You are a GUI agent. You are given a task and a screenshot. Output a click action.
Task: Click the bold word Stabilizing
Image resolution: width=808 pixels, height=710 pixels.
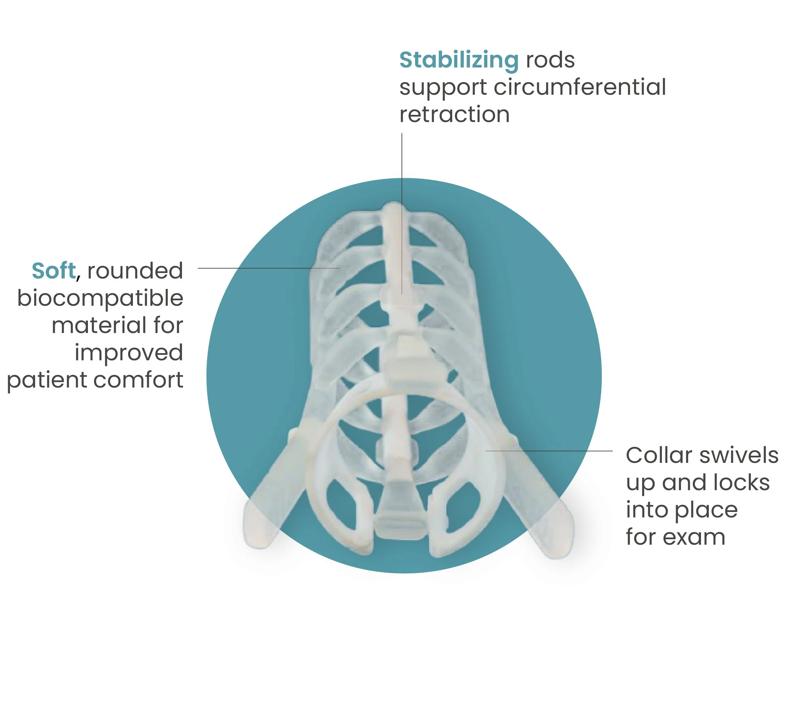459,60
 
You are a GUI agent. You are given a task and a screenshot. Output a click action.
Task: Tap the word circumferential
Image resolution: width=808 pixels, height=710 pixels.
580,87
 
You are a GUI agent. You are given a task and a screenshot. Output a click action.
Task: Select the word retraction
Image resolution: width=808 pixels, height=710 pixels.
454,115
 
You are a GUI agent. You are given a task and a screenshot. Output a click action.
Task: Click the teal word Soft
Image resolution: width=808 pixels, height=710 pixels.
54,271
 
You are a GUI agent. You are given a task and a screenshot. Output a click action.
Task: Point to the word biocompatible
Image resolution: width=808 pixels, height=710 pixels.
100,299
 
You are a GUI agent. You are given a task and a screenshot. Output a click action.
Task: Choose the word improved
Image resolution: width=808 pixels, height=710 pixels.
129,353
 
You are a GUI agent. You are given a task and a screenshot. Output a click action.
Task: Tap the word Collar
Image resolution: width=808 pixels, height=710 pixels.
659,455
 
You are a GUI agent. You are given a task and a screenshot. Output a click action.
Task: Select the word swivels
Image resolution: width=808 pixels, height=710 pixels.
739,455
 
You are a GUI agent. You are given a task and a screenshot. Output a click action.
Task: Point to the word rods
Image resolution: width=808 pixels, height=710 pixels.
550,60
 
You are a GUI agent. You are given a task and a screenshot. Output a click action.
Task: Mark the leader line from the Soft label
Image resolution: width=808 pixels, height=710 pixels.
269,268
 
